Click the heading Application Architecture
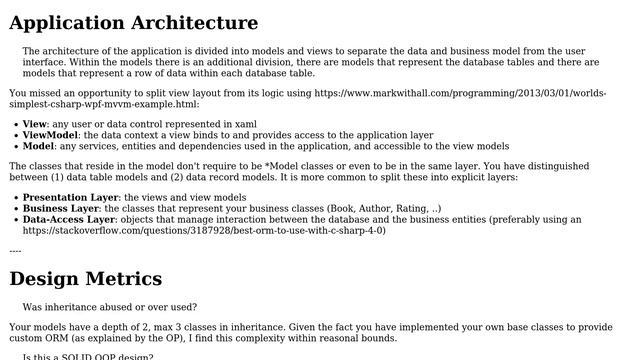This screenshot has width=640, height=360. pyautogui.click(x=133, y=23)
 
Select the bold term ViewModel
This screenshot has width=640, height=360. pyautogui.click(x=51, y=135)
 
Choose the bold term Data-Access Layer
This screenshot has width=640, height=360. pyautogui.click(x=69, y=219)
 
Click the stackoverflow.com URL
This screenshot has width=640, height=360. pyautogui.click(x=204, y=230)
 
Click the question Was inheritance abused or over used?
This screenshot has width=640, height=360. pyautogui.click(x=110, y=307)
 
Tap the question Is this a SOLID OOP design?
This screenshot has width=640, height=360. pyautogui.click(x=88, y=357)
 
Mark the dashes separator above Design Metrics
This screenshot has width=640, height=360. pyautogui.click(x=15, y=250)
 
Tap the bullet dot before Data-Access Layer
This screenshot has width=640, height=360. pyautogui.click(x=15, y=219)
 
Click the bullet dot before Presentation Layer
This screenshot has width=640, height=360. pyautogui.click(x=15, y=198)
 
